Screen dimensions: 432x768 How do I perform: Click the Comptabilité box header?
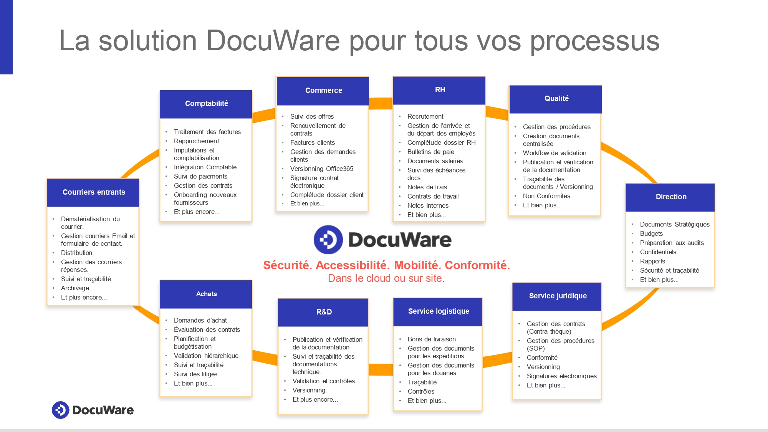[x=206, y=104]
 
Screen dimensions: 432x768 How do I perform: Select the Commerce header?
[x=323, y=91]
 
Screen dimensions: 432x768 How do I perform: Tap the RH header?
[x=440, y=90]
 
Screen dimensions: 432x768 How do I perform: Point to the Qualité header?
[x=556, y=99]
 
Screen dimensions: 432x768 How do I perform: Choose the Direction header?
[x=670, y=197]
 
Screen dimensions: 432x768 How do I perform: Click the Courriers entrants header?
[x=93, y=192]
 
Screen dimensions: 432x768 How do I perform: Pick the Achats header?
[x=206, y=294]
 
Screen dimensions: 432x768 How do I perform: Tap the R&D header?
[x=324, y=312]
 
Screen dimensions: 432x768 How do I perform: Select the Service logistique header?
[x=438, y=311]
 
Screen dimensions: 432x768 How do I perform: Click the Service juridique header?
[x=557, y=296]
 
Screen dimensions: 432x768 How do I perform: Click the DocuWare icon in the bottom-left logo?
[x=60, y=410]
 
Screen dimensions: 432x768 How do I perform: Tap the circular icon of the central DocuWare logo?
[x=328, y=240]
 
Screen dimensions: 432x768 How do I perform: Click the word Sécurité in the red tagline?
[x=288, y=265]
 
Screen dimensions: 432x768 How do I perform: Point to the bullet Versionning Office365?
[x=321, y=169]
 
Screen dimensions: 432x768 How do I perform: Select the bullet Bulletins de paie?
[x=430, y=152]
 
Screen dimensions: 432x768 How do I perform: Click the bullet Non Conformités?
[x=546, y=196]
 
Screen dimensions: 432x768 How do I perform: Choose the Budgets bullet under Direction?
[x=651, y=234]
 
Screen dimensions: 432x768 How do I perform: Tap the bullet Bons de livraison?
[x=432, y=339]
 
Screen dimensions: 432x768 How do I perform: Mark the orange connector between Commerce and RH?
[x=381, y=103]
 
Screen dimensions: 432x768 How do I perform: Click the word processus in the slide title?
[x=594, y=41]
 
